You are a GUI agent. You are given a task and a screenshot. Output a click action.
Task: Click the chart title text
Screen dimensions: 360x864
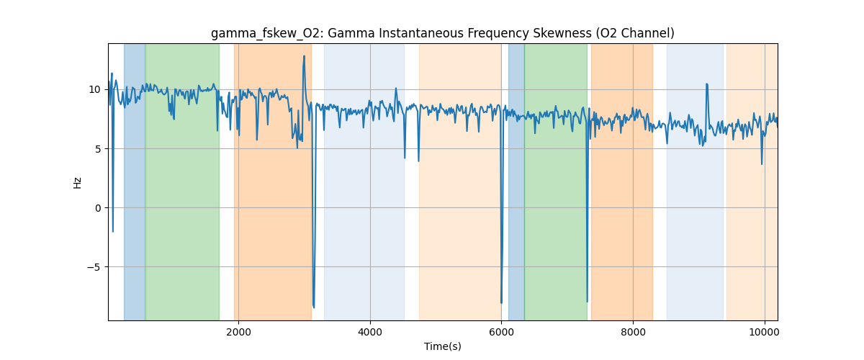442,33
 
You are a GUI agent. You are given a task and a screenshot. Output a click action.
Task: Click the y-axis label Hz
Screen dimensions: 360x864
77,182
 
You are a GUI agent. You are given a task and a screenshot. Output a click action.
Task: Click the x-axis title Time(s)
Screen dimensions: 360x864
442,346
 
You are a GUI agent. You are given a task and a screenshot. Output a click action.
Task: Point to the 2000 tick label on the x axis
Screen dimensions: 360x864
238,331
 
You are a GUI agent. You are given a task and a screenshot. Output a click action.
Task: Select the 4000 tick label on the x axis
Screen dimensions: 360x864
370,331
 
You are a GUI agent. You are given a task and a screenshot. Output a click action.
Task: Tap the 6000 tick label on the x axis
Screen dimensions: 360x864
501,331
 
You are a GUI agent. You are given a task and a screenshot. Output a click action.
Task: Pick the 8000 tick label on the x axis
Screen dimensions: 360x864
633,331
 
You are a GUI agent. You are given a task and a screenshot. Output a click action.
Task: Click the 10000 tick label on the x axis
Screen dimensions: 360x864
764,331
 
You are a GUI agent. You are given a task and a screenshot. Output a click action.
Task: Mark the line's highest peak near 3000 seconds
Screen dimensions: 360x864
304,56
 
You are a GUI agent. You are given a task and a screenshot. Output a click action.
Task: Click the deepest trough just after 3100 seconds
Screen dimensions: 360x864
313,307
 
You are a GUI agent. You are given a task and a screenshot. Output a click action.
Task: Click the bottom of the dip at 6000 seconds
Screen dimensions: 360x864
501,303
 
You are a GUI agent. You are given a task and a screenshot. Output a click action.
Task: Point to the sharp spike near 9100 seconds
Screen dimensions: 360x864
706,84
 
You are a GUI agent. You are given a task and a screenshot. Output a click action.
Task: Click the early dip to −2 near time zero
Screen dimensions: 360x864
113,231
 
